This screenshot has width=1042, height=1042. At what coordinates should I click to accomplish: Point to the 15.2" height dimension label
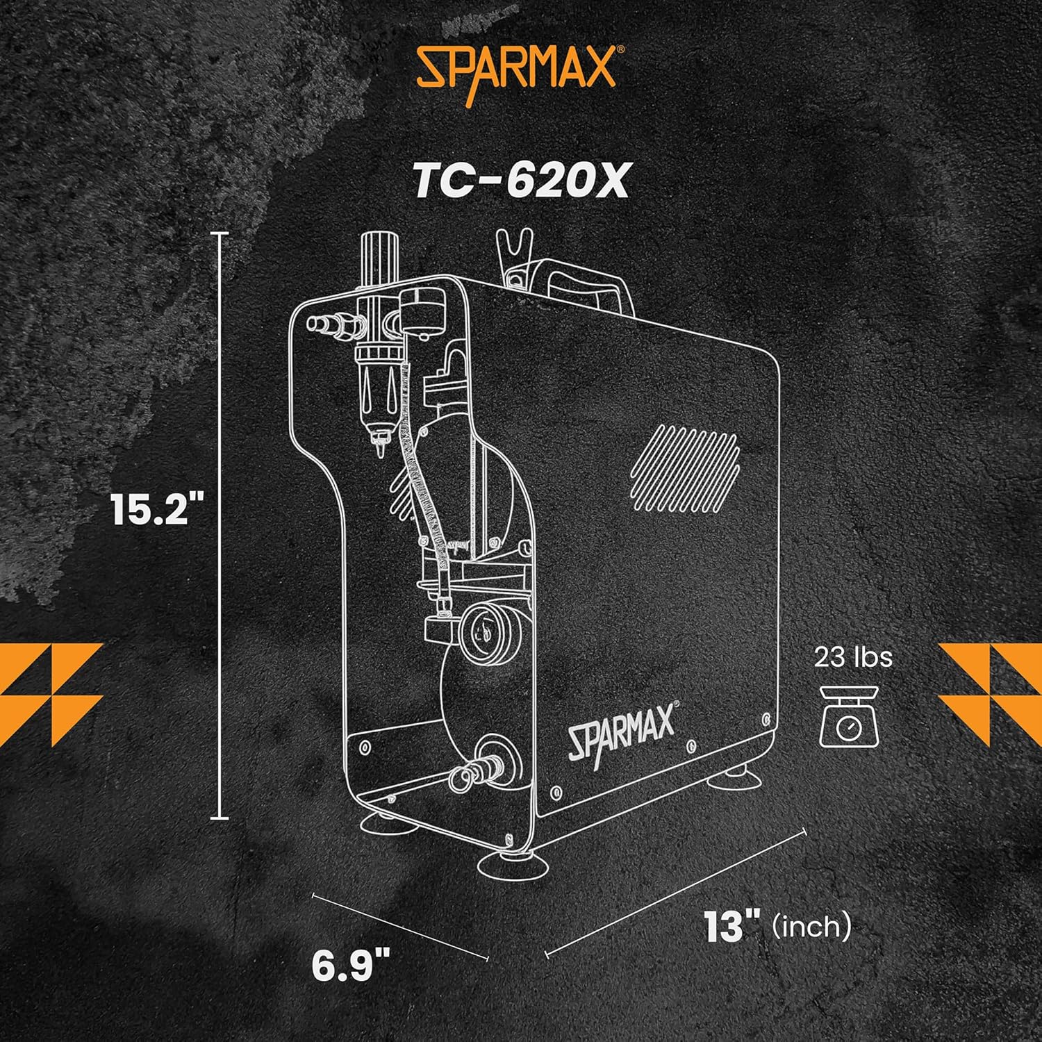point(150,511)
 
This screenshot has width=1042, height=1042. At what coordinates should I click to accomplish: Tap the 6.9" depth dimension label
point(351,966)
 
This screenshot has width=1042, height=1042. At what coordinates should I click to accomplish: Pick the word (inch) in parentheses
point(811,926)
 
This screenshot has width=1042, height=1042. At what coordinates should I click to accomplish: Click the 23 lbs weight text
point(853,657)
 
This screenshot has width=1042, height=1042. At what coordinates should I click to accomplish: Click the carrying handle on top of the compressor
point(590,285)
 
